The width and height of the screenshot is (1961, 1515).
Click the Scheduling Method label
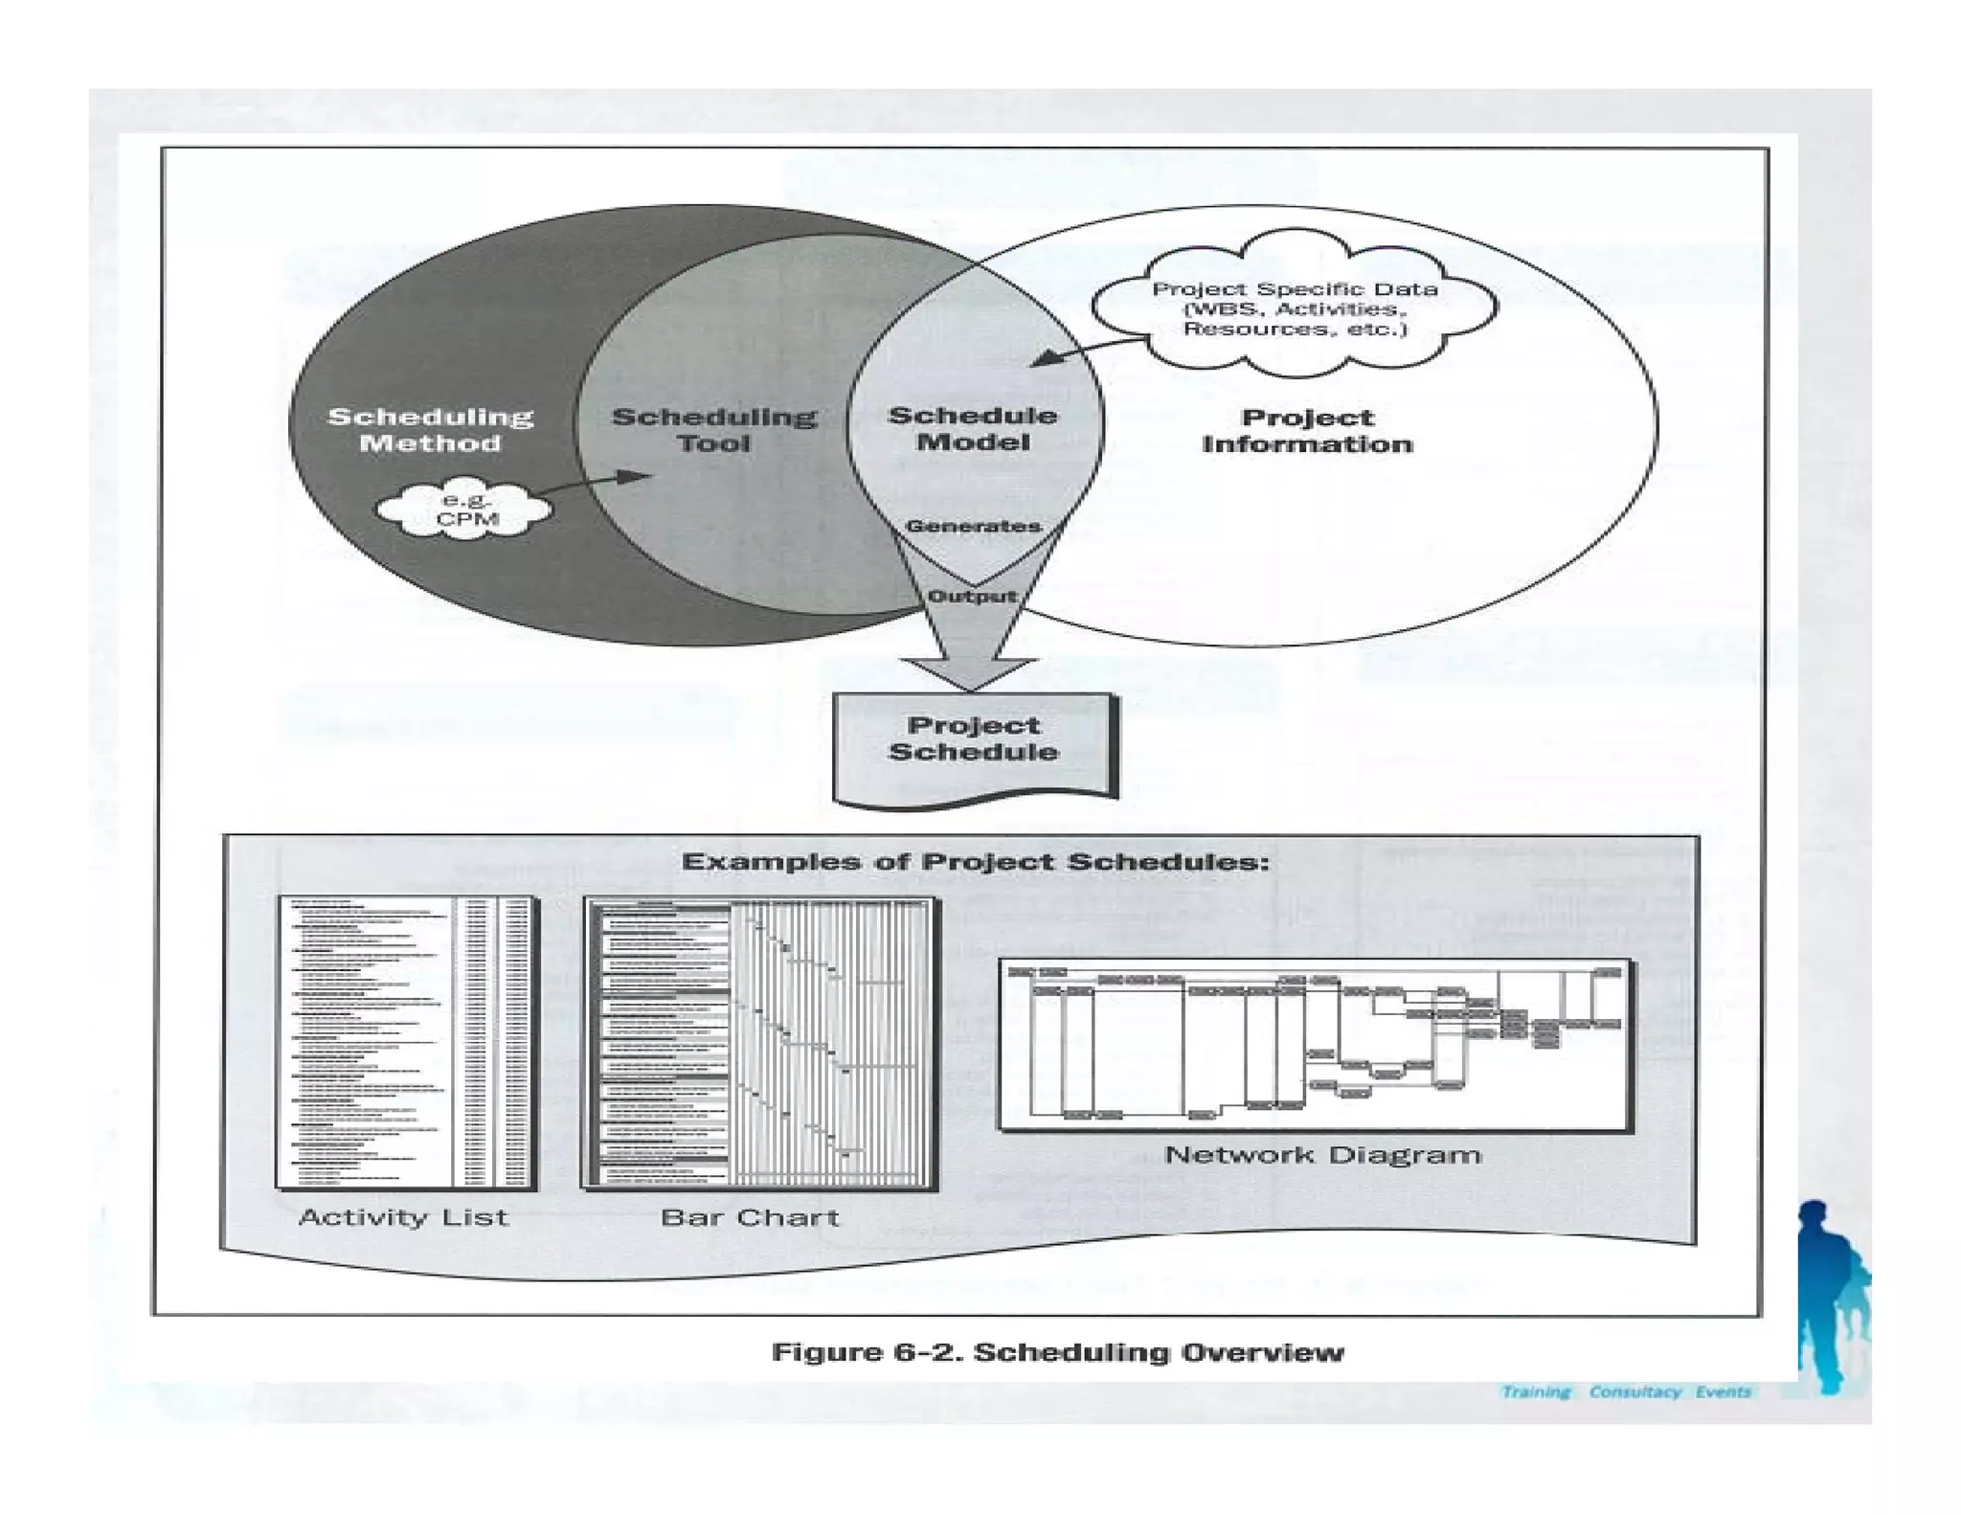pyautogui.click(x=430, y=430)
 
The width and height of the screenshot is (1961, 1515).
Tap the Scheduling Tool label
pyautogui.click(x=713, y=430)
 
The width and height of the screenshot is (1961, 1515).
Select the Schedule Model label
pyautogui.click(x=973, y=429)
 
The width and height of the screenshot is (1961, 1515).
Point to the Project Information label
pyautogui.click(x=1307, y=431)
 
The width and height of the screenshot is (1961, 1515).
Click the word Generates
pyautogui.click(x=973, y=526)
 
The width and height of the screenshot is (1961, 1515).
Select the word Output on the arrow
pyautogui.click(x=972, y=596)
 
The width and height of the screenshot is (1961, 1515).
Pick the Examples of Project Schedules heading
pyautogui.click(x=975, y=862)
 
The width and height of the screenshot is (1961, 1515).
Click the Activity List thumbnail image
pyautogui.click(x=407, y=1042)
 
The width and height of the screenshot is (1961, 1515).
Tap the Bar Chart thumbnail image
pyautogui.click(x=759, y=1043)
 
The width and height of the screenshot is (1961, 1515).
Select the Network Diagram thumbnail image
pyautogui.click(x=1316, y=1045)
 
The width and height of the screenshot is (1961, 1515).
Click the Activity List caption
pyautogui.click(x=403, y=1217)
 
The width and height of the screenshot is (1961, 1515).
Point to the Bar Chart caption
pyautogui.click(x=750, y=1217)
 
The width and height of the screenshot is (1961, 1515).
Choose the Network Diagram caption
pyautogui.click(x=1322, y=1154)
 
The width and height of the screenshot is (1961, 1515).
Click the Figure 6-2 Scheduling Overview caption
pyautogui.click(x=1058, y=1352)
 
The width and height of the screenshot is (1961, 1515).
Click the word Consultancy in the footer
pyautogui.click(x=1634, y=1391)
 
